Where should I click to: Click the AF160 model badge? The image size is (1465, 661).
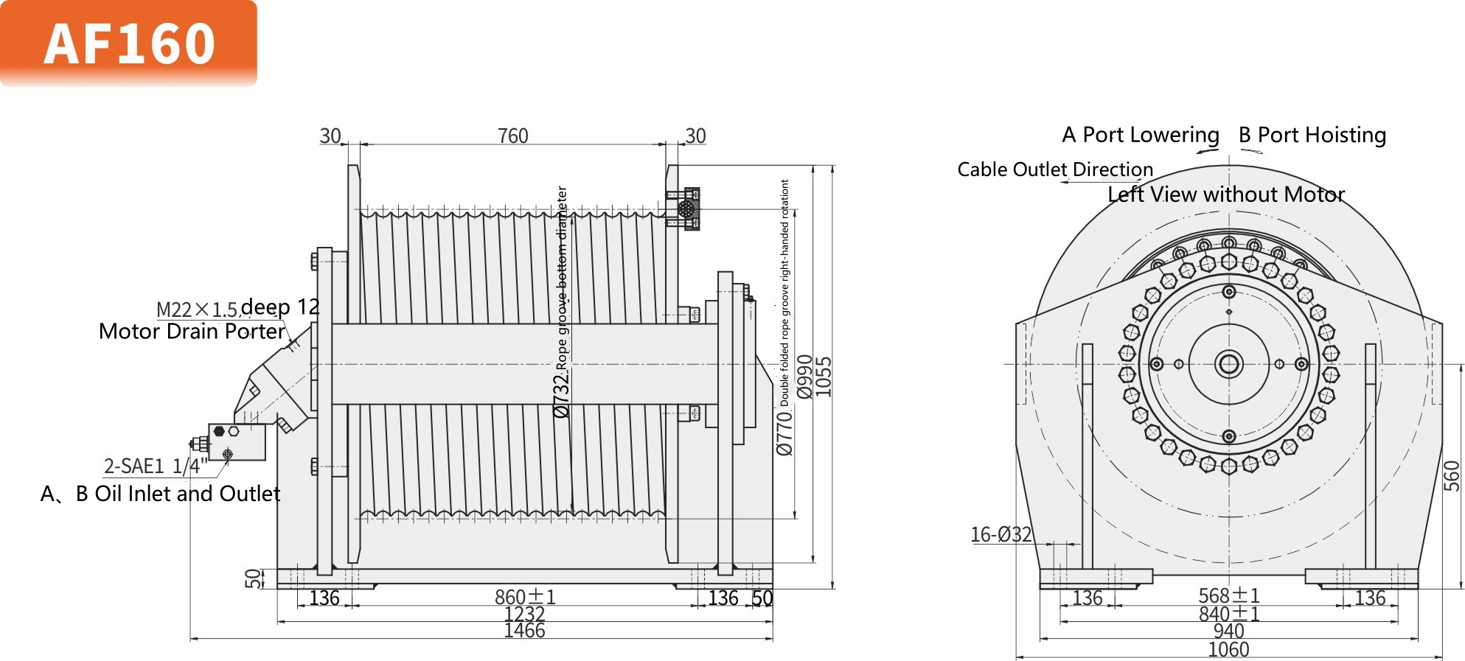(x=129, y=43)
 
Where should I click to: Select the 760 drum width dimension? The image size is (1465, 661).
(x=512, y=136)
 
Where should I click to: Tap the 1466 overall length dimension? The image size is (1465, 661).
(x=524, y=631)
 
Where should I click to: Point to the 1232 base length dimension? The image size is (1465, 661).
(x=524, y=614)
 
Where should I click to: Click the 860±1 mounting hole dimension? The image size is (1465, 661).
(x=525, y=597)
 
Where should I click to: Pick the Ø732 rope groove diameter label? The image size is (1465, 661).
(x=562, y=394)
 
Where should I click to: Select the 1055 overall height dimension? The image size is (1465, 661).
(x=824, y=377)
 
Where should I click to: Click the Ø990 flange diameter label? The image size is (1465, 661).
(x=805, y=377)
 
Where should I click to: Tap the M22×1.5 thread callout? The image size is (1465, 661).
(x=197, y=309)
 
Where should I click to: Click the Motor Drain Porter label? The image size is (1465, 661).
(x=192, y=332)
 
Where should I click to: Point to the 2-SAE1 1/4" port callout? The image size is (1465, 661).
(x=156, y=466)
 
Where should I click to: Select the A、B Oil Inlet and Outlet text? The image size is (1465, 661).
(x=161, y=494)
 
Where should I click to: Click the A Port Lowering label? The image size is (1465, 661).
(x=1140, y=135)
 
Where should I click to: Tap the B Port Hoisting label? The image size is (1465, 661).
(x=1312, y=135)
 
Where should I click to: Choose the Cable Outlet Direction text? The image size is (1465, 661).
(x=1054, y=169)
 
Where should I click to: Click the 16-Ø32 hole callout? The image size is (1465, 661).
(x=1001, y=534)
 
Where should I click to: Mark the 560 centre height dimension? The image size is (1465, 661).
(x=1451, y=475)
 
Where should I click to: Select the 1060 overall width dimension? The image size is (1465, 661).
(x=1228, y=650)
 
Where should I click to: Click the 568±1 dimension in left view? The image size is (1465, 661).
(x=1228, y=595)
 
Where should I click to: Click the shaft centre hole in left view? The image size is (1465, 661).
(x=1228, y=364)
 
